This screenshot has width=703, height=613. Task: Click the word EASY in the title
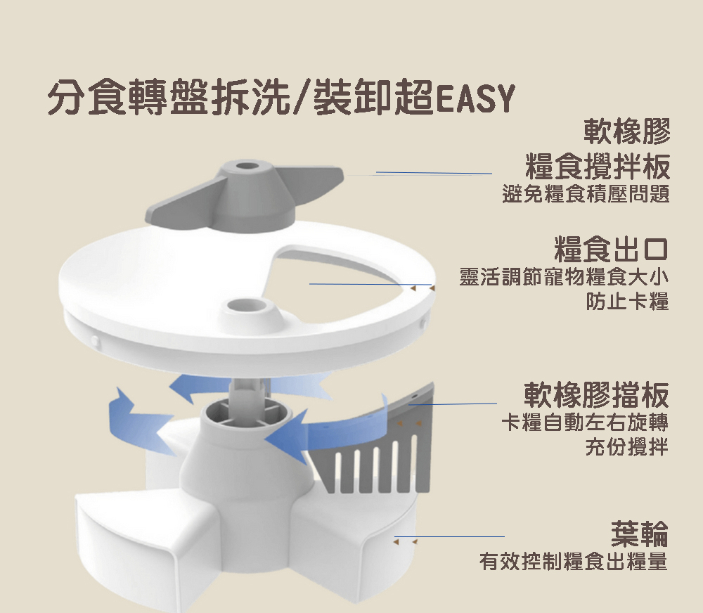475,98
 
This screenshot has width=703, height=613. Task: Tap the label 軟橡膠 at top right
627,131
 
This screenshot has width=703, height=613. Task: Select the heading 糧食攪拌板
598,166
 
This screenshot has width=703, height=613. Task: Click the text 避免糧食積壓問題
586,194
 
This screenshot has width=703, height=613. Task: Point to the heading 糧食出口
611,249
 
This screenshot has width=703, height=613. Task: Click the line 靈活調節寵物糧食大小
564,277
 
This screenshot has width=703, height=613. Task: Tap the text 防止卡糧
627,301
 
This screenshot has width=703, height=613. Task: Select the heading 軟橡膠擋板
596,394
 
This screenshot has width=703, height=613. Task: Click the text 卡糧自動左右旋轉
585,422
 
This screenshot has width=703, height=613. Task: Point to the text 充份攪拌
627,446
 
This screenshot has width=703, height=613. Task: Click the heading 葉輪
640,534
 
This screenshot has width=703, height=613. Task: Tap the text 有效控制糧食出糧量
574,562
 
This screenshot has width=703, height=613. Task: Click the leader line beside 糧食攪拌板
434,173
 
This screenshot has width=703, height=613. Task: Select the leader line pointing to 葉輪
449,536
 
